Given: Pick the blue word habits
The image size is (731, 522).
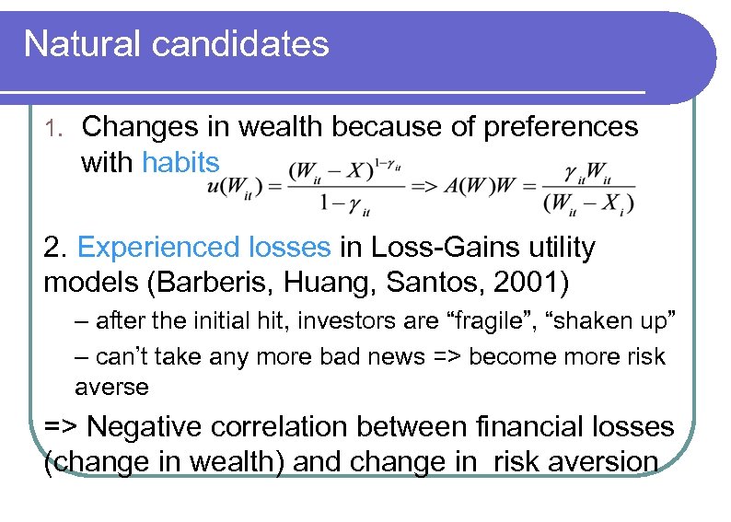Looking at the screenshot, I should click(181, 162).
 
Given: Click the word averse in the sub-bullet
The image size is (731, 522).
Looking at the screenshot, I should click(111, 387).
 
